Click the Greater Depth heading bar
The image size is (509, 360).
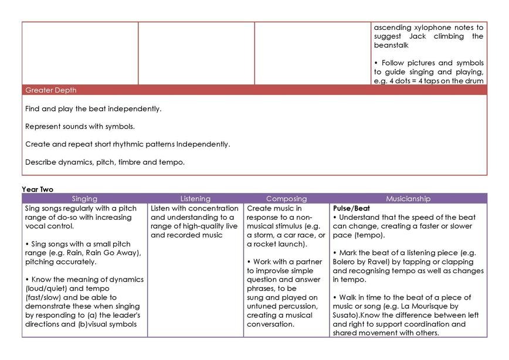51,90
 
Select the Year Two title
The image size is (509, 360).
38,189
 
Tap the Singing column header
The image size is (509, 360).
84,199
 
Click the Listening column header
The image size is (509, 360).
195,199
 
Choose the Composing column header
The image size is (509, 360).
286,199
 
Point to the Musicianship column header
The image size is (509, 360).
408,199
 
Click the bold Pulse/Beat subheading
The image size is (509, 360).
351,208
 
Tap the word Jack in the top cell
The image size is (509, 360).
418,36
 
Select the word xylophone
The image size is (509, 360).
429,27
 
